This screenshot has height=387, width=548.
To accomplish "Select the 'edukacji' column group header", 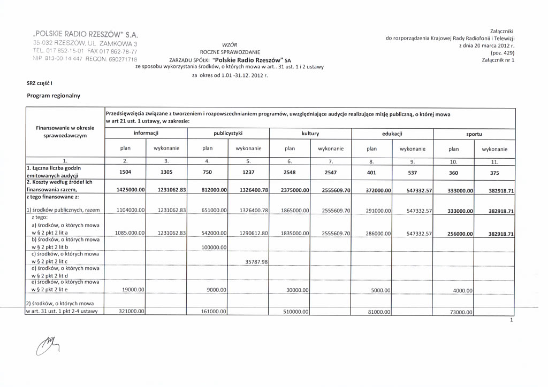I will click(392, 134).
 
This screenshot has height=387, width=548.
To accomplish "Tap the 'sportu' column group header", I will click(474, 134).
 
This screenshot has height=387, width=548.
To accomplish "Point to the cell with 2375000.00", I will click(293, 190).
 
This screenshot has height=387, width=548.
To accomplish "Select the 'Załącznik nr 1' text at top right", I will click(498, 60).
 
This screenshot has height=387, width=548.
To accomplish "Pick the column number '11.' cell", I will click(494, 161).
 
